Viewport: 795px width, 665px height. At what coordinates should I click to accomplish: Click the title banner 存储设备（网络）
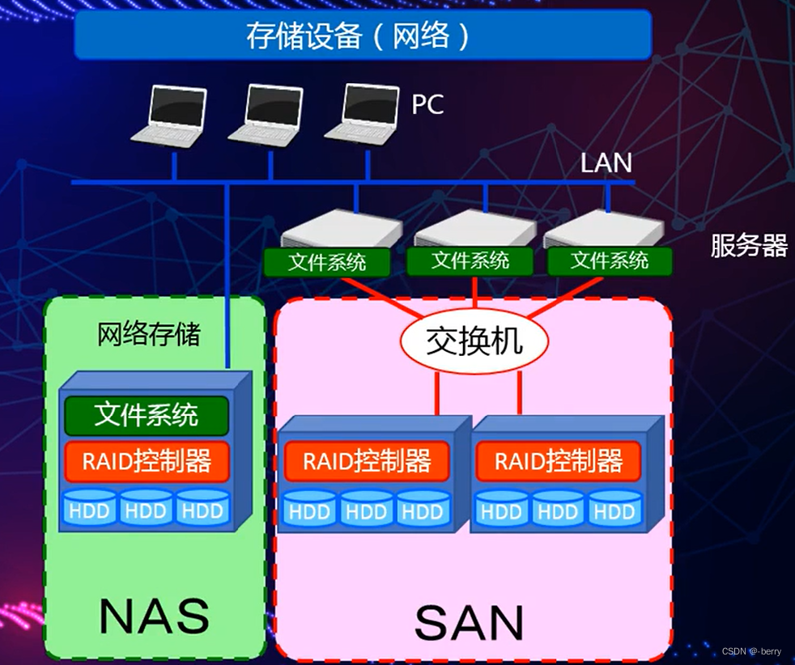[362, 35]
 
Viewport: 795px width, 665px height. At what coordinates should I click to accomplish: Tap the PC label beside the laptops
[427, 105]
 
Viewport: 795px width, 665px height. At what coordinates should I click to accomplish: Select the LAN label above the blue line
[606, 163]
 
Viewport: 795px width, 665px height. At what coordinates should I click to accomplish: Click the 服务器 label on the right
[749, 245]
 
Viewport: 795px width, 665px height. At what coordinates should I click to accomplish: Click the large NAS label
[154, 616]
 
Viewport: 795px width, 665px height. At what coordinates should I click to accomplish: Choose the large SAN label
[470, 622]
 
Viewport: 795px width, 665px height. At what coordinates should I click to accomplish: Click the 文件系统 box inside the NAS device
[147, 415]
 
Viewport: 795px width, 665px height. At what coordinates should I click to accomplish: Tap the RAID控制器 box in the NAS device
[147, 462]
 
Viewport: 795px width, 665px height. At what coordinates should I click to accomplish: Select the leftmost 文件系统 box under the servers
[327, 262]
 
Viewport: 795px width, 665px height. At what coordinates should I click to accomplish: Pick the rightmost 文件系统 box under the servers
[610, 260]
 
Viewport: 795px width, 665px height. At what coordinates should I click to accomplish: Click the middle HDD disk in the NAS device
[147, 510]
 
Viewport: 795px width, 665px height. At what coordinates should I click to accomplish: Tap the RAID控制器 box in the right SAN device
[559, 462]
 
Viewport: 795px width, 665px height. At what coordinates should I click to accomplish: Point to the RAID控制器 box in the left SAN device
[367, 462]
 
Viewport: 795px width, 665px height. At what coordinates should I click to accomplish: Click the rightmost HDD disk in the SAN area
[614, 510]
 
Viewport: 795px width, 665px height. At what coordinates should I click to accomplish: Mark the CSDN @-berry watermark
[751, 651]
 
